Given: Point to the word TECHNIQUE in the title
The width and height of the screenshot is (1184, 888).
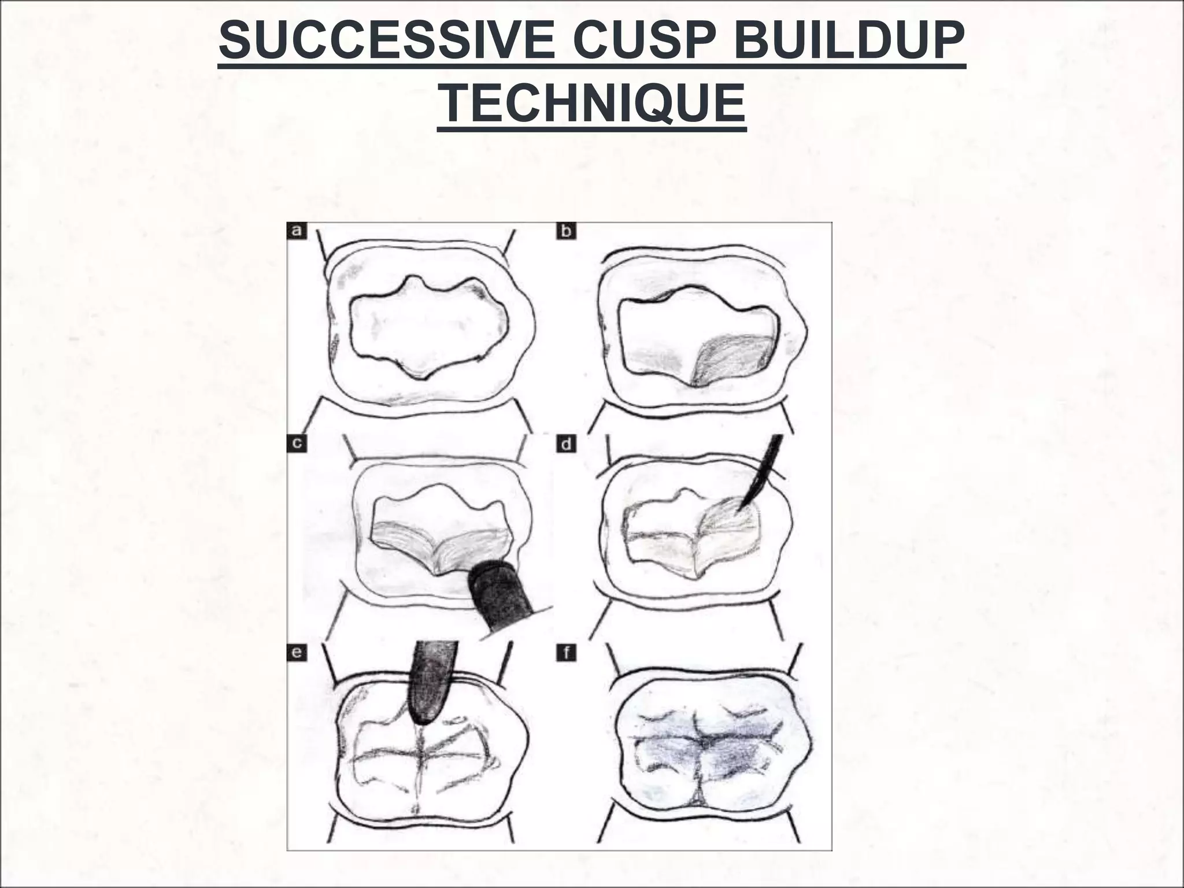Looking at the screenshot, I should (591, 103).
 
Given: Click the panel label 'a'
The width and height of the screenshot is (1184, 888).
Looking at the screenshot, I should (297, 231).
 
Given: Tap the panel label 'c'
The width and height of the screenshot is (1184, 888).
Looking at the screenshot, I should (297, 443).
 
